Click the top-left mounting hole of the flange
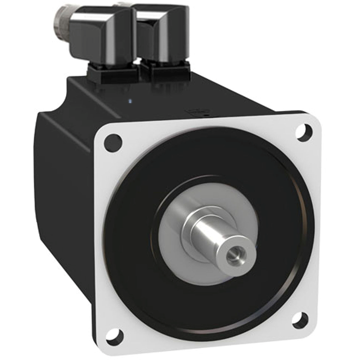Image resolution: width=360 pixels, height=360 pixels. [113, 143]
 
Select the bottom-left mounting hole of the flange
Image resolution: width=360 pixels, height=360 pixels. [115, 336]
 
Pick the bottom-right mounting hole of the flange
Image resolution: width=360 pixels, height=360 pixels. [300, 320]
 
